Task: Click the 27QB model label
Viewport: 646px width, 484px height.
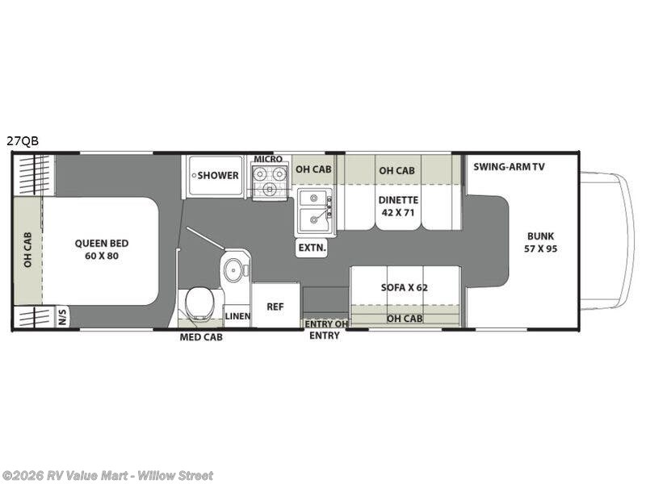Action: point(23,141)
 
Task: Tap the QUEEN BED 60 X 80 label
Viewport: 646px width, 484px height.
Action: point(102,249)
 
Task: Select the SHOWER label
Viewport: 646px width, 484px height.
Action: point(218,175)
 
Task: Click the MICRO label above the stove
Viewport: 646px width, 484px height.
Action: point(268,159)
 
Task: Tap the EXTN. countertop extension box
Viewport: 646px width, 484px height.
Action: point(313,248)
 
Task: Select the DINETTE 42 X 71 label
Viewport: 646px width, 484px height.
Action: point(398,207)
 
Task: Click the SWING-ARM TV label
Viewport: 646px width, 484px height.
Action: point(509,167)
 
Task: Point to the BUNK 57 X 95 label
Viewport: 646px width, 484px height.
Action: point(540,243)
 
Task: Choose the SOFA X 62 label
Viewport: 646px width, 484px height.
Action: point(405,287)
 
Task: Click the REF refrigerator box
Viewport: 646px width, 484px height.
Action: point(275,307)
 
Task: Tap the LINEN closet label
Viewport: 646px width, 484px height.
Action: point(237,316)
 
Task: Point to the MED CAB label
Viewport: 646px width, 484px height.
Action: point(201,337)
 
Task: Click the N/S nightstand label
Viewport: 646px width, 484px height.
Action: point(63,317)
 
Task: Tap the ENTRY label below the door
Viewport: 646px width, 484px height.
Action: point(325,336)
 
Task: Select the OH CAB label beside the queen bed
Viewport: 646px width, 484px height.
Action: point(27,250)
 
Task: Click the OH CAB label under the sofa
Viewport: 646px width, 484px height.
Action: point(405,318)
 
